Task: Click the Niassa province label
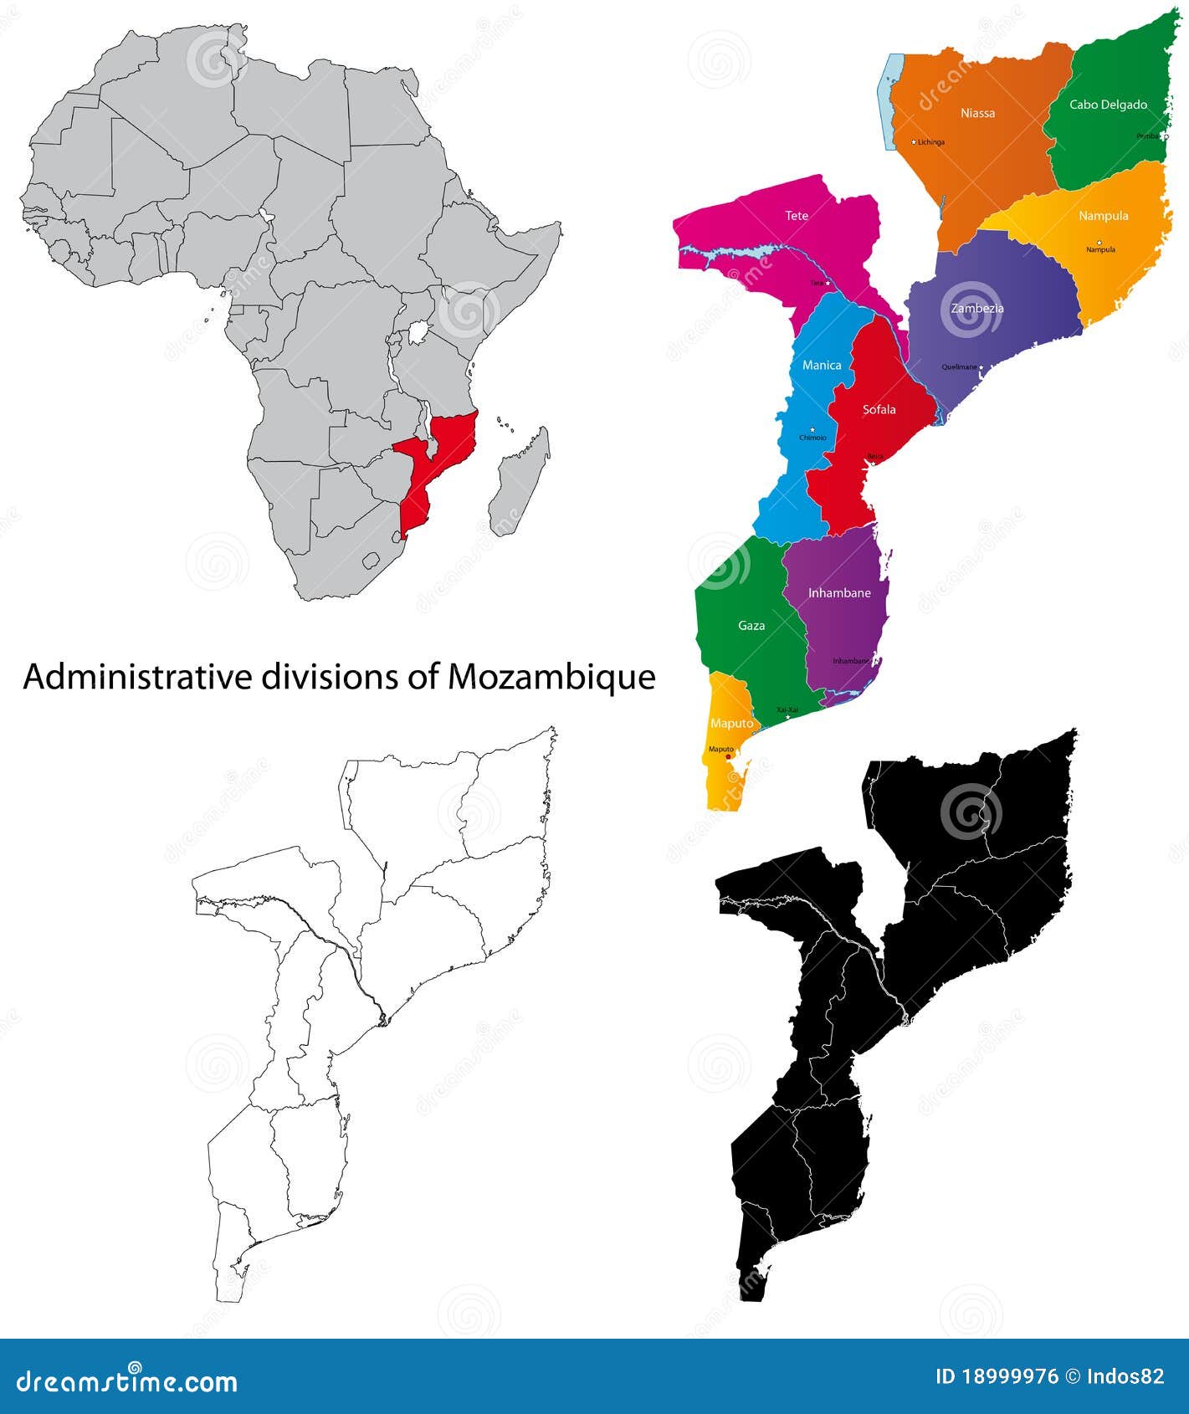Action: pos(977,113)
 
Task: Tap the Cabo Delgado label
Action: pos(1108,105)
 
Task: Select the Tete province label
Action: pos(797,216)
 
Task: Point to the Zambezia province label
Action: pos(977,308)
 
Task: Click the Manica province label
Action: pos(822,365)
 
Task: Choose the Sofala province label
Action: pos(879,409)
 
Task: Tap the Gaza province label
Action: pos(751,625)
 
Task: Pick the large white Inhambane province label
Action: pos(839,592)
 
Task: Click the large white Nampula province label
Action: pos(1103,216)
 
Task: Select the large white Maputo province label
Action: pos(731,723)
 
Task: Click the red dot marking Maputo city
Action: pos(728,756)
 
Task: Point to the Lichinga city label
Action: pos(930,142)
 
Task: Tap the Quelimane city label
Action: pos(959,366)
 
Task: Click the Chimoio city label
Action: pos(812,438)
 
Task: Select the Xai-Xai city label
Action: pos(787,710)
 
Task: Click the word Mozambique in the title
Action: pos(551,677)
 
